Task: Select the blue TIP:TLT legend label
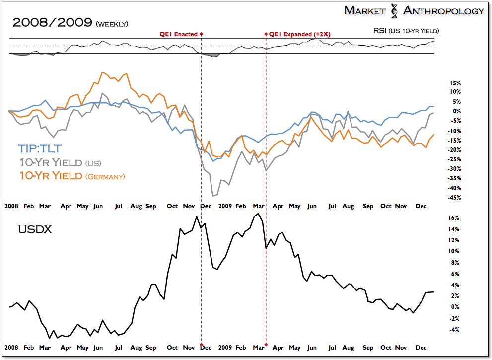[x=39, y=148]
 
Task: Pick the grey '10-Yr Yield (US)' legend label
[x=60, y=162]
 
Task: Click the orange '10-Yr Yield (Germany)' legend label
[x=72, y=176]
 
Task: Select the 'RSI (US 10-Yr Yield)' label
[x=406, y=31]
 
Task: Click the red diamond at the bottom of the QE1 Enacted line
[x=201, y=344]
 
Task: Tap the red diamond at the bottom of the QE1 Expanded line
[x=266, y=344]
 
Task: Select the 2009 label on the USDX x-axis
[x=225, y=348]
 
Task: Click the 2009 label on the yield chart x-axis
[x=225, y=206]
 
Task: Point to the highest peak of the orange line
[x=102, y=72]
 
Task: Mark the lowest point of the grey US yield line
[x=213, y=196]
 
